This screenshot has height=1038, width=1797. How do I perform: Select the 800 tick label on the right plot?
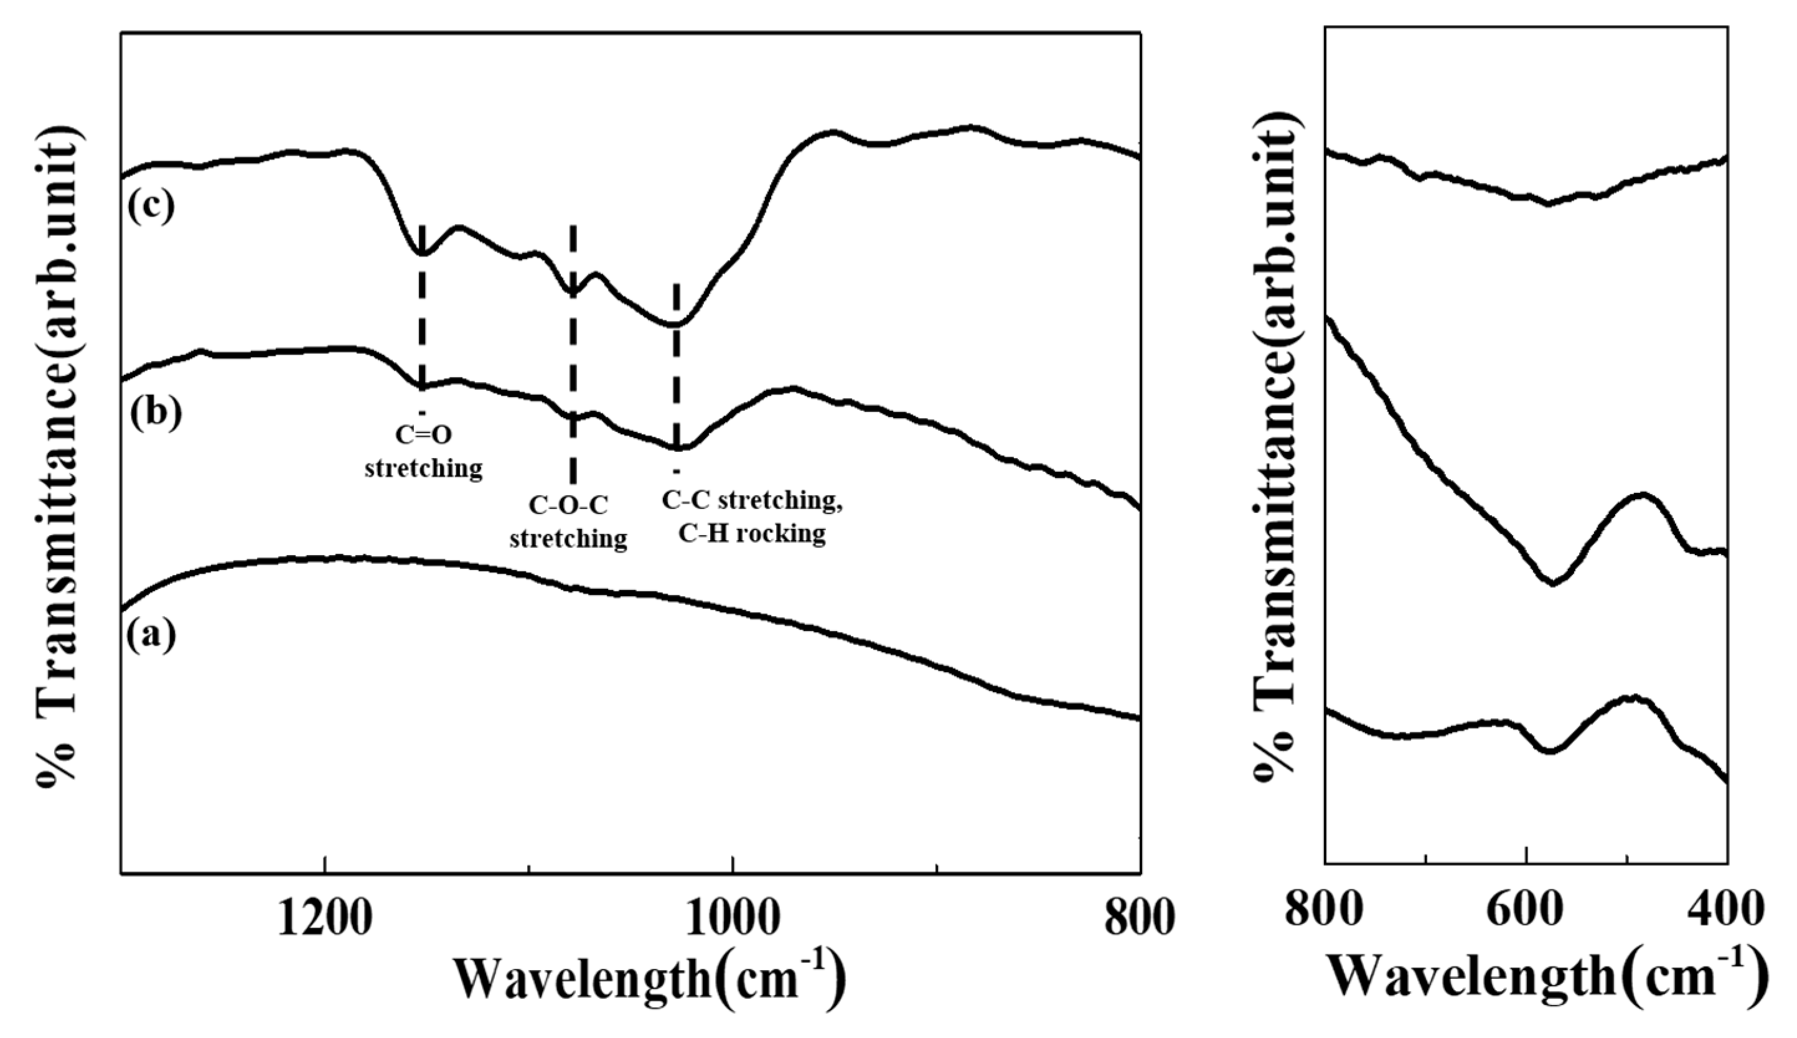1325,910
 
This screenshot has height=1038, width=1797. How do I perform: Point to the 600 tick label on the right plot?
1526,910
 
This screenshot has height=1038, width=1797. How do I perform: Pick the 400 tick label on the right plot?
1725,910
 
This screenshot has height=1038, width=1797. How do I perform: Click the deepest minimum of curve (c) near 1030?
672,324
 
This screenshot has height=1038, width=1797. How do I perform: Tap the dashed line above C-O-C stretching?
573,357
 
